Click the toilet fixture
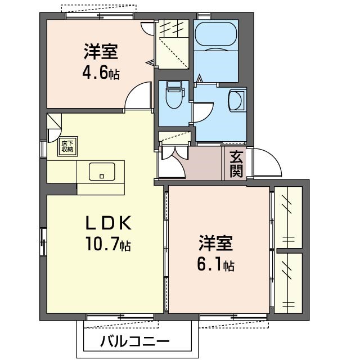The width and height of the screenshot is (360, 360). [175, 94]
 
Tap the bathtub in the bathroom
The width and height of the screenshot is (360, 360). [215, 34]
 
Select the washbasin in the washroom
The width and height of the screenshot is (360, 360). [236, 101]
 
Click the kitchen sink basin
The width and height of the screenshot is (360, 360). [102, 172]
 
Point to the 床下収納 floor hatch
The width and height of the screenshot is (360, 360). [67, 146]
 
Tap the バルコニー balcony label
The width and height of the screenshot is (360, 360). [135, 341]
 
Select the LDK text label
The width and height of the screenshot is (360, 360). [109, 223]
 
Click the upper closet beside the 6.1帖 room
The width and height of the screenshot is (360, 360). [289, 217]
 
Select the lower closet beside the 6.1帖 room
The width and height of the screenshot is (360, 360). [289, 283]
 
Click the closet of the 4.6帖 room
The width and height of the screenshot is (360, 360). [172, 44]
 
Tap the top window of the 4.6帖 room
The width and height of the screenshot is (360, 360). [100, 16]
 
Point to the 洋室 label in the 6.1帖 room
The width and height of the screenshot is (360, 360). [216, 243]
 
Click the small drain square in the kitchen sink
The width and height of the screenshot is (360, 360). [102, 176]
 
